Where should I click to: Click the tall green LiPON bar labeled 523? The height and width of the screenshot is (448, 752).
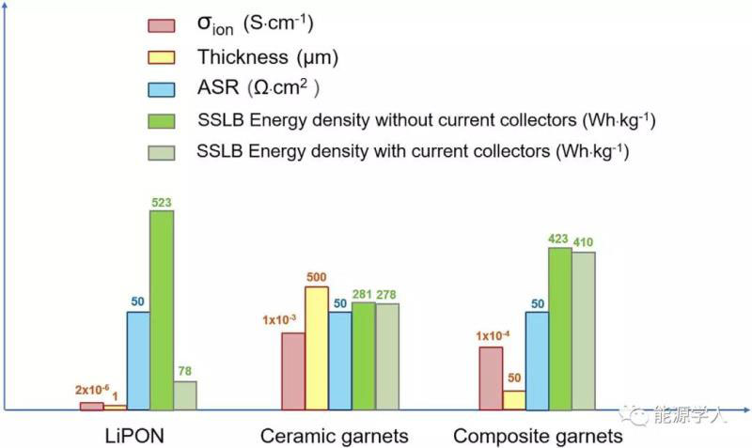pyautogui.click(x=162, y=310)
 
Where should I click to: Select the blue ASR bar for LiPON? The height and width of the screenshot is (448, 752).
pyautogui.click(x=138, y=361)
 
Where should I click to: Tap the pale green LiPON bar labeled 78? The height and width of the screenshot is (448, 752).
pyautogui.click(x=185, y=395)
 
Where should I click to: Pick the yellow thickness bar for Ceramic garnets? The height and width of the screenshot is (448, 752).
pyautogui.click(x=317, y=348)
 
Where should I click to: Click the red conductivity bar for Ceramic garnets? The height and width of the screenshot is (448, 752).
pyautogui.click(x=293, y=371)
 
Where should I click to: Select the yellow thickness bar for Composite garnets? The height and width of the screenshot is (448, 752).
pyautogui.click(x=514, y=400)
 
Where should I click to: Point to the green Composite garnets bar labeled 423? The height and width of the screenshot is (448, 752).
pyautogui.click(x=560, y=329)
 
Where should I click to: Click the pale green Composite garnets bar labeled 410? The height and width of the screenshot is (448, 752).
pyautogui.click(x=584, y=331)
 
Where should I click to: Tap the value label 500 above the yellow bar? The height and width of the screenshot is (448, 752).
pyautogui.click(x=317, y=277)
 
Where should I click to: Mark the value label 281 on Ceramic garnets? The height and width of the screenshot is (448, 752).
pyautogui.click(x=363, y=294)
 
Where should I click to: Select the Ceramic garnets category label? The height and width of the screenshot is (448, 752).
pyautogui.click(x=334, y=437)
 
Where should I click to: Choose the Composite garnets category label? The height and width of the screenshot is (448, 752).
pyautogui.click(x=538, y=437)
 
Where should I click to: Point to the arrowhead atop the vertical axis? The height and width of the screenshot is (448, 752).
pyautogui.click(x=6, y=11)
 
